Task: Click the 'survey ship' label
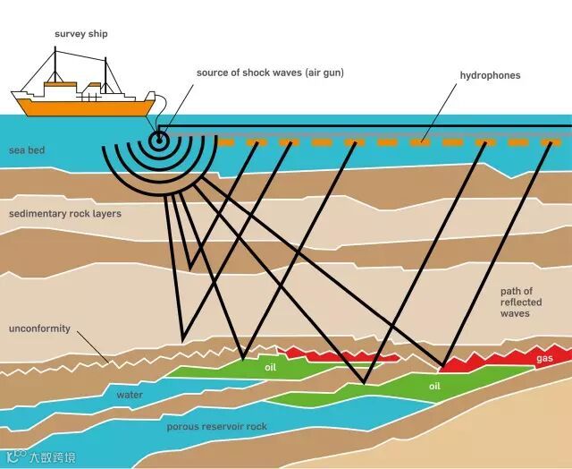pyautogui.click(x=82, y=34)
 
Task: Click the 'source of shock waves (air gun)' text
pyautogui.click(x=270, y=72)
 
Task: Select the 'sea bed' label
pyautogui.click(x=27, y=150)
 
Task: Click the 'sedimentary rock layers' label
pyautogui.click(x=65, y=215)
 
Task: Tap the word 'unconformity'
pyautogui.click(x=39, y=328)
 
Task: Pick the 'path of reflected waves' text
pyautogui.click(x=516, y=303)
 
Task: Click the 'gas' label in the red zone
pyautogui.click(x=544, y=359)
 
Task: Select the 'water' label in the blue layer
pyautogui.click(x=129, y=394)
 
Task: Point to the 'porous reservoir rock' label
pyautogui.click(x=217, y=427)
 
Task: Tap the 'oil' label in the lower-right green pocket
pyautogui.click(x=434, y=387)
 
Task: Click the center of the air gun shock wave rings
pyautogui.click(x=159, y=139)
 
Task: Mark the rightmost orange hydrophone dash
pyautogui.click(x=551, y=141)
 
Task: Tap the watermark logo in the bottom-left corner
pyautogui.click(x=13, y=459)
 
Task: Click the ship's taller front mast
pyautogui.click(x=55, y=67)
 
